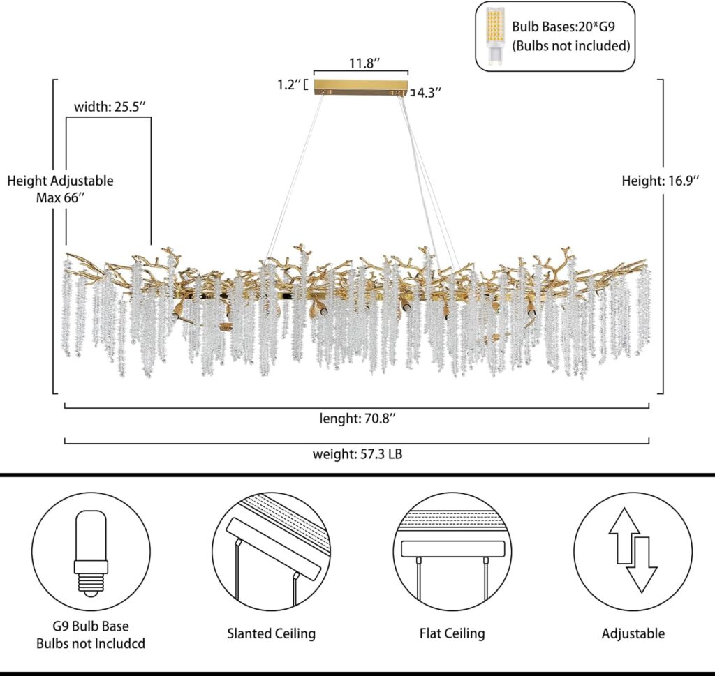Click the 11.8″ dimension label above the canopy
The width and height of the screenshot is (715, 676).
364,63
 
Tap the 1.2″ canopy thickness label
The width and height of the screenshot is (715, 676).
289,85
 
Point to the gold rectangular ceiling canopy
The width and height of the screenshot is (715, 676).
360,87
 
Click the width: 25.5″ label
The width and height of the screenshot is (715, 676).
110,107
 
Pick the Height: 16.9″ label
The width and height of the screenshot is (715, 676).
660,181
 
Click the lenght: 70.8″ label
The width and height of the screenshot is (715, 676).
356,419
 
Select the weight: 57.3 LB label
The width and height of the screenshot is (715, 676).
357,454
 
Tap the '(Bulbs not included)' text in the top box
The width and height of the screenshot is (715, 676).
571,46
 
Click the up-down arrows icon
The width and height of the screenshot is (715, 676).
633,551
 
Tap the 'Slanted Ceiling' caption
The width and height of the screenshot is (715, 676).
271,633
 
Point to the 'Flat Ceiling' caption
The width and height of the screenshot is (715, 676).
452,633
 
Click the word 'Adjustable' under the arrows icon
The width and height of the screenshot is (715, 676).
633,633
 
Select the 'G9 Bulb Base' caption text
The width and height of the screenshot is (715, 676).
91,626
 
